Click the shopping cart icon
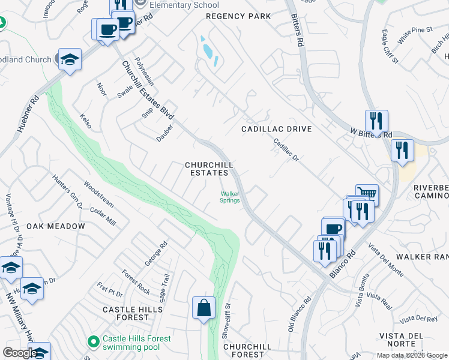point(367,194)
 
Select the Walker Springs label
point(230,197)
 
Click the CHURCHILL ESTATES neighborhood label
point(208,169)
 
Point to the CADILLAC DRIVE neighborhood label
point(276,129)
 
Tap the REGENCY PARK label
point(238,16)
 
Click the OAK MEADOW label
point(56,226)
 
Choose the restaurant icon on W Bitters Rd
point(376,121)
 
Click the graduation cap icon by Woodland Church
point(70,59)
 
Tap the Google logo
point(20,353)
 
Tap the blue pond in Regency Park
point(209,51)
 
